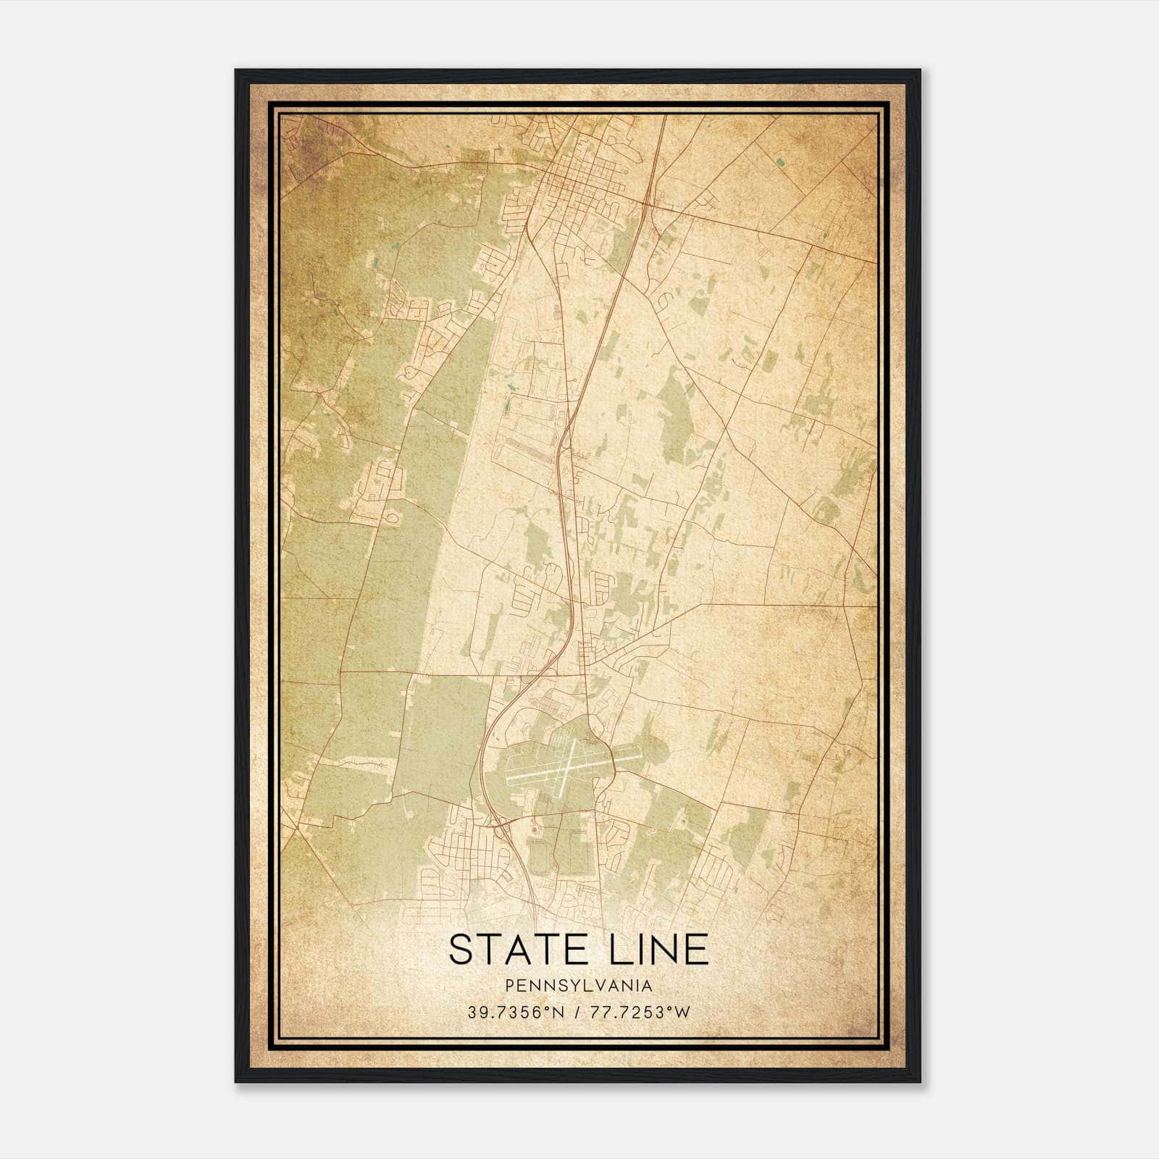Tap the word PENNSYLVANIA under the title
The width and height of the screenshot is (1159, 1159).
(x=579, y=986)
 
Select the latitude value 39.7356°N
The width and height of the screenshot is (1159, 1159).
(x=515, y=1013)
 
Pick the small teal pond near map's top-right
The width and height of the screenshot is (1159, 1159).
(x=779, y=162)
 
